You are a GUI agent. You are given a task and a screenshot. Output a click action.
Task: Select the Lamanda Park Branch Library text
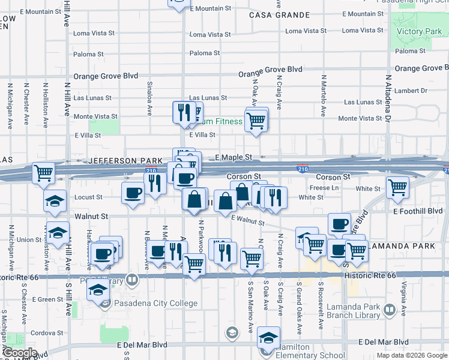354,311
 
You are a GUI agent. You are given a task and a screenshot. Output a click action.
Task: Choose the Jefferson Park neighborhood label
125,161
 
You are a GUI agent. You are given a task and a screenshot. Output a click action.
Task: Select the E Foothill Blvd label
418,211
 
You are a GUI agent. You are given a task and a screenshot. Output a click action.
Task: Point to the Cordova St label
43,333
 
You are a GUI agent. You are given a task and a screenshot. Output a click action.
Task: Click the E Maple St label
232,157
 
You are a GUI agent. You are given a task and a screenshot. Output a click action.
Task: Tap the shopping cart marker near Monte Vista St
256,121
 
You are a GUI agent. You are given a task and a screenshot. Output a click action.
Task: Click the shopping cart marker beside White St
397,188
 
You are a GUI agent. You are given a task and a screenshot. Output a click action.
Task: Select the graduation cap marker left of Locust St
55,201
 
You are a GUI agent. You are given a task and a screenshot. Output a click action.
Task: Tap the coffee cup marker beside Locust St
133,193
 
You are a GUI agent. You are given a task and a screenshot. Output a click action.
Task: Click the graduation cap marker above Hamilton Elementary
268,337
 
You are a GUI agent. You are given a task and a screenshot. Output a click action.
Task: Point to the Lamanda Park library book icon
390,310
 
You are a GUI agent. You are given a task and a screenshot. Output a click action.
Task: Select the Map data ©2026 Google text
412,355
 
